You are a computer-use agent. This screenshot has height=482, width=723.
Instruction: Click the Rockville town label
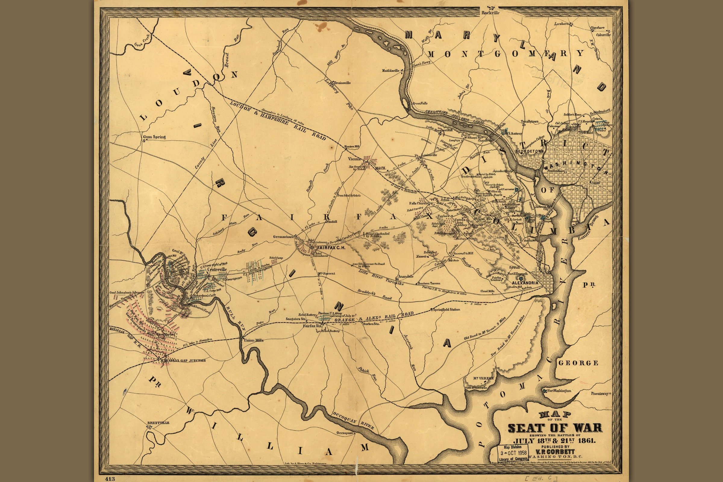point(491,13)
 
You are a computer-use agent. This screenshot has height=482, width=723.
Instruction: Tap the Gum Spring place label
point(154,137)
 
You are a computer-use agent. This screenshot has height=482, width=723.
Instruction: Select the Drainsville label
point(342,83)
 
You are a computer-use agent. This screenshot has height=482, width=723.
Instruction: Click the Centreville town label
point(217,270)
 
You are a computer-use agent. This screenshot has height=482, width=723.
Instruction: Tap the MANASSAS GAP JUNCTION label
point(183,360)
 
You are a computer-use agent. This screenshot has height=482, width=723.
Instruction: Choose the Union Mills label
point(254,340)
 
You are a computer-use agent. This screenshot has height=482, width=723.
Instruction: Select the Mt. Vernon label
point(483,378)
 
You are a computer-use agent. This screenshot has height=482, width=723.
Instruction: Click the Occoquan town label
point(345,433)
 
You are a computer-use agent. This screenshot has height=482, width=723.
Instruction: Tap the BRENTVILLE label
point(158,423)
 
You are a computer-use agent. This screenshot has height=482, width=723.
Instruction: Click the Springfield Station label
point(446,310)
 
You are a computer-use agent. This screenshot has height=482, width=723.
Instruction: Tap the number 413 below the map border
point(110,479)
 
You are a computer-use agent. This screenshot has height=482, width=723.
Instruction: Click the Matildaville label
point(391,70)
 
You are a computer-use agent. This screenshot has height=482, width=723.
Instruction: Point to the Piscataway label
point(600,393)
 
